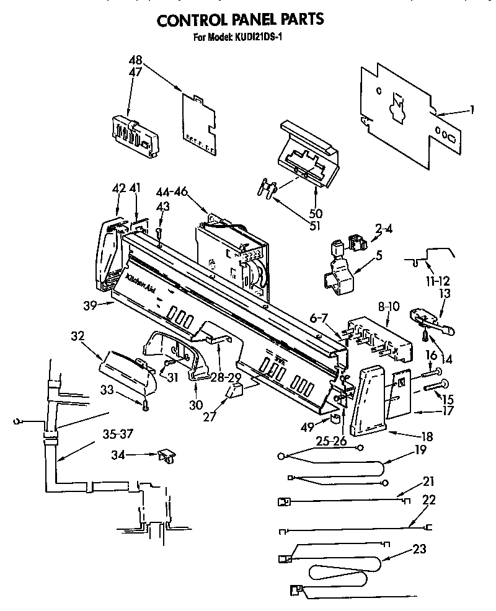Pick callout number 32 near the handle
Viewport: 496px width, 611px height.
click(77, 336)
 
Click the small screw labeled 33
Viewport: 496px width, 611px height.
click(144, 406)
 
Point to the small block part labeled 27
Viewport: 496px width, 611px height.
click(234, 392)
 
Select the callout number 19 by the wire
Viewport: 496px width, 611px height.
click(420, 450)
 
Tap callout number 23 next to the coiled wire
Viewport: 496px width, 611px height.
click(419, 549)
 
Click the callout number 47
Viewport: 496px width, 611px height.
click(135, 72)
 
